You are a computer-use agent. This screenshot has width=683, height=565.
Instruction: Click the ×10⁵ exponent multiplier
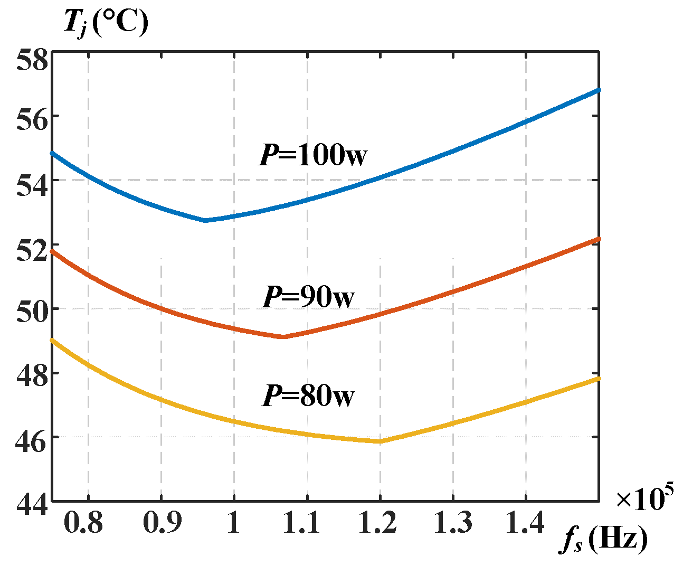pyautogui.click(x=644, y=497)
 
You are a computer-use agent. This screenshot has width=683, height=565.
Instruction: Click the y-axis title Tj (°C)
pyautogui.click(x=106, y=24)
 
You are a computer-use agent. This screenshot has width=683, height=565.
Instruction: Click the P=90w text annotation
pyautogui.click(x=309, y=297)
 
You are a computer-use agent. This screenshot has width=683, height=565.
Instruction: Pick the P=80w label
pyautogui.click(x=309, y=396)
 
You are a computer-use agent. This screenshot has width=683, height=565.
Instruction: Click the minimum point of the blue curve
pyautogui.click(x=206, y=220)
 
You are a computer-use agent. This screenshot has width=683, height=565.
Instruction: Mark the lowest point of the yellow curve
pyautogui.click(x=380, y=441)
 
